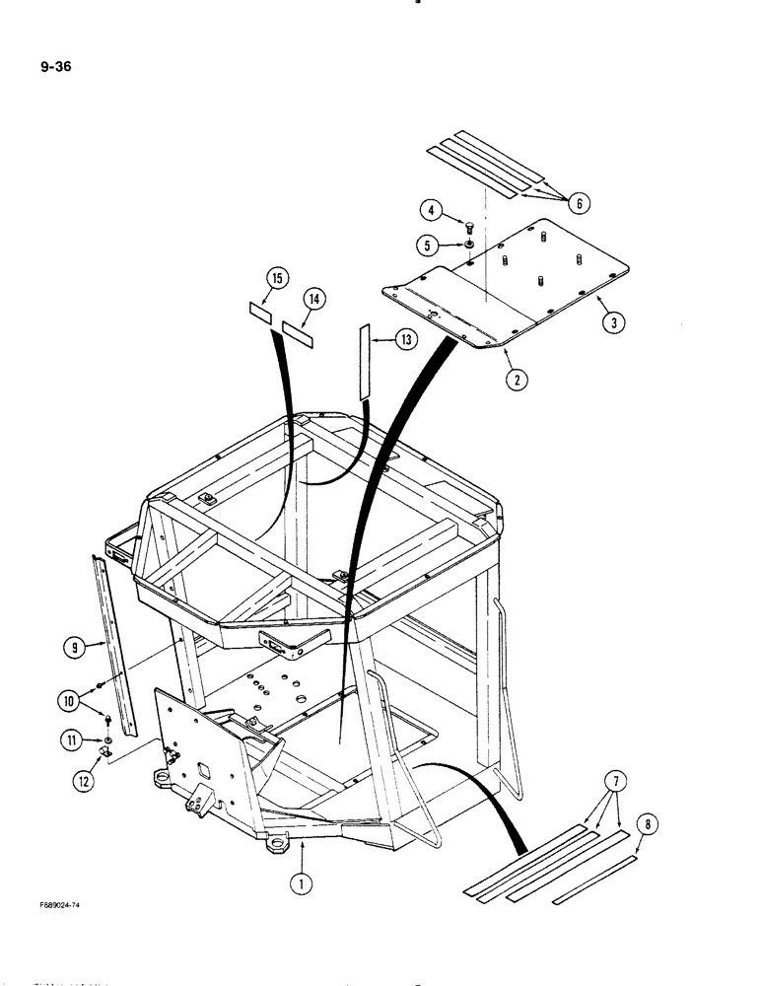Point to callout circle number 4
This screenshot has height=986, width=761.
(432, 209)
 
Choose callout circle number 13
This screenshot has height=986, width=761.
(406, 339)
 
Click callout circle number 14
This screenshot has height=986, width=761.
(314, 298)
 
